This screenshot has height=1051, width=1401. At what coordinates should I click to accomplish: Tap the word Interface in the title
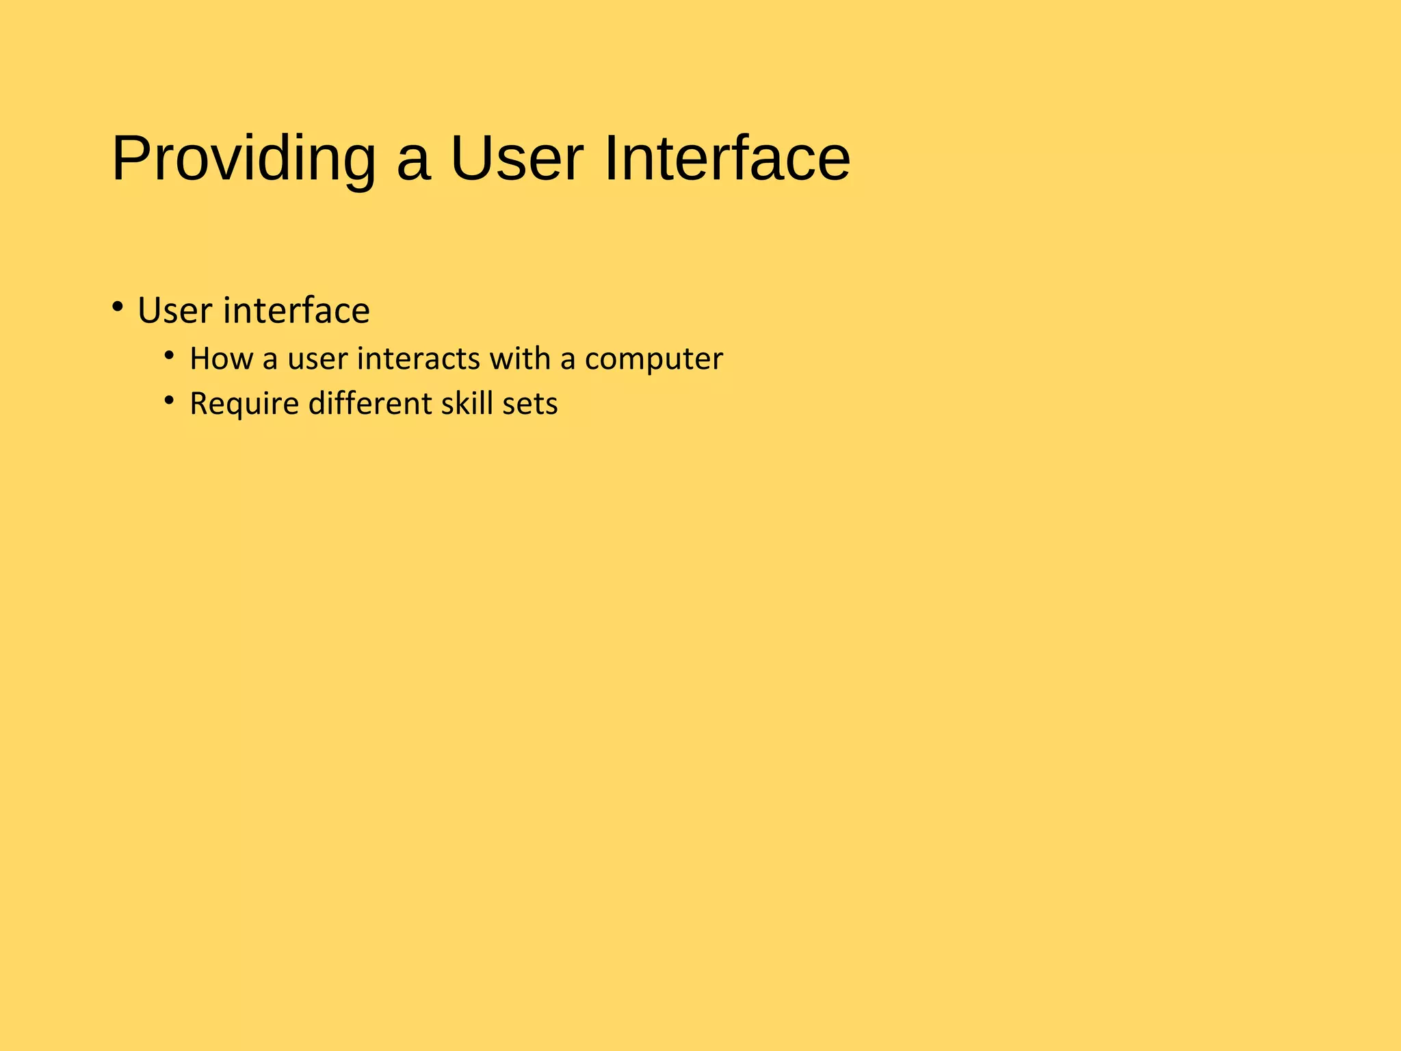tap(726, 159)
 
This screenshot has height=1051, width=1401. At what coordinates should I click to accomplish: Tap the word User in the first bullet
tap(175, 311)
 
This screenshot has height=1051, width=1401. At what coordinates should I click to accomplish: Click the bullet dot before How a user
tap(169, 355)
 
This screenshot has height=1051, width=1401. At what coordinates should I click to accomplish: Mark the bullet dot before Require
tap(169, 400)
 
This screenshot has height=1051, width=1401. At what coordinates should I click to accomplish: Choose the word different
tap(370, 404)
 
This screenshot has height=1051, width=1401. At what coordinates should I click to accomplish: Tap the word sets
tap(530, 404)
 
